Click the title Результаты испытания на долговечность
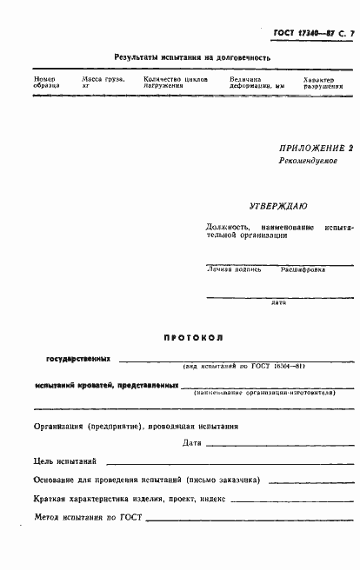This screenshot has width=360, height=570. [x=192, y=57]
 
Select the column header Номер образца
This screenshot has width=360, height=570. [x=47, y=83]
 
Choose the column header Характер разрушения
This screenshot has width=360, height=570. [x=322, y=83]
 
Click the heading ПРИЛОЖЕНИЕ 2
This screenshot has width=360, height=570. [x=317, y=148]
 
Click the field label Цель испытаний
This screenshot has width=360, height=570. [x=65, y=461]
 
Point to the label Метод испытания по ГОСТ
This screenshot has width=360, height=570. [x=89, y=518]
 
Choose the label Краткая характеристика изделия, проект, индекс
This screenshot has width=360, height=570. [x=130, y=499]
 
